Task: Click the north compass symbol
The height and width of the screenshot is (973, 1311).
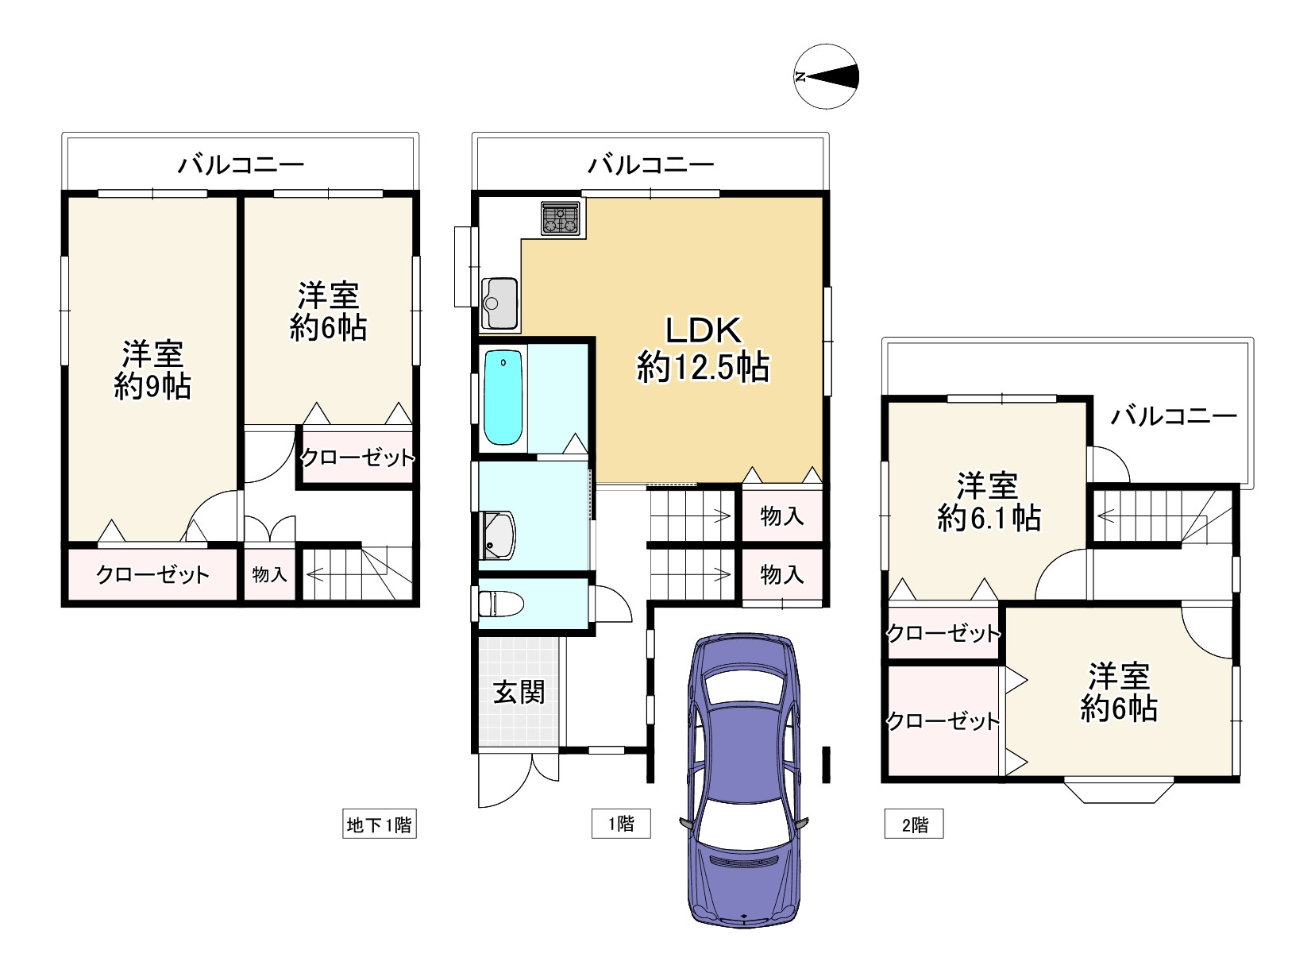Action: [x=826, y=76]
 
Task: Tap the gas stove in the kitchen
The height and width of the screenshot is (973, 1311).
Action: [x=560, y=218]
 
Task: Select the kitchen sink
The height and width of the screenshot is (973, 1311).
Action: [x=500, y=303]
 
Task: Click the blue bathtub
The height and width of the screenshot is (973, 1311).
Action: [x=503, y=396]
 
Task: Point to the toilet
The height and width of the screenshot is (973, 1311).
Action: [x=500, y=604]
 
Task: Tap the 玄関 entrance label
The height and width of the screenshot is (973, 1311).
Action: [x=519, y=692]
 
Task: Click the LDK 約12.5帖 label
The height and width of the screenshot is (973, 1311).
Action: [x=703, y=349]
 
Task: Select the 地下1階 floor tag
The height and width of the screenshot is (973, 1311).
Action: [x=380, y=824]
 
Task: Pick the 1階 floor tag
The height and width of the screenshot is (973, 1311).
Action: [x=621, y=824]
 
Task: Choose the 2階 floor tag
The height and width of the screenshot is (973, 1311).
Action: [x=914, y=824]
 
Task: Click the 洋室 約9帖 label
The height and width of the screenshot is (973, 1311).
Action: [x=152, y=370]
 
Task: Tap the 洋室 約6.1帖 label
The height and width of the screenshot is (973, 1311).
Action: [x=989, y=501]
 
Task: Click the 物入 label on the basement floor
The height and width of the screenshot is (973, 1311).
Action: [x=269, y=573]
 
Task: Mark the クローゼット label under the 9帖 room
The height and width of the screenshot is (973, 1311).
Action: [x=152, y=574]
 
